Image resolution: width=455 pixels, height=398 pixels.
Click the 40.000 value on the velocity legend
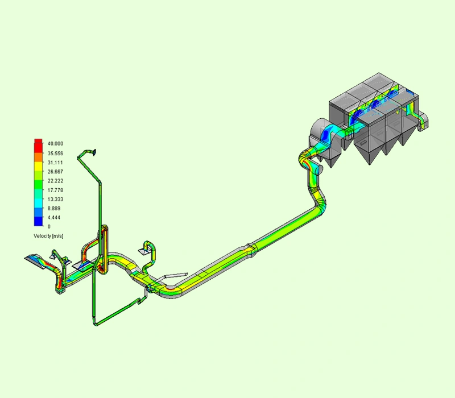55,144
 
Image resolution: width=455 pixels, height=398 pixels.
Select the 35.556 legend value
55,153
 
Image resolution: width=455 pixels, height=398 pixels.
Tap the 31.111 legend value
55,163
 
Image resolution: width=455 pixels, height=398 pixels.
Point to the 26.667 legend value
55,172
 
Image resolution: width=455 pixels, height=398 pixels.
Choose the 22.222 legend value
55,181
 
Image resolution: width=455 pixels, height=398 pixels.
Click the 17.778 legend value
55,190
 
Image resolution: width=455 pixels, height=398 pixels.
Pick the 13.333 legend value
55,200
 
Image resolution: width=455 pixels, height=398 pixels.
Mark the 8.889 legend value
54,208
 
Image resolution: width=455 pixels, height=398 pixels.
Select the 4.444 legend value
54,218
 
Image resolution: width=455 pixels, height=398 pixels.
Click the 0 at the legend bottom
49,226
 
